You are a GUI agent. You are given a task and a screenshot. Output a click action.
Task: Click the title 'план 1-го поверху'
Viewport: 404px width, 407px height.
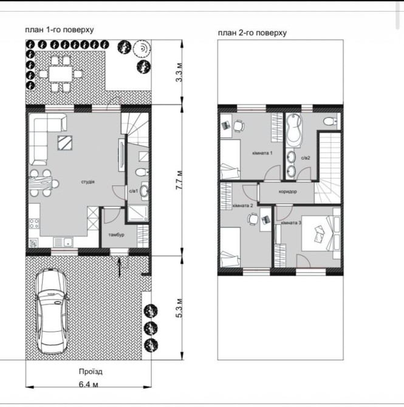click(60, 30)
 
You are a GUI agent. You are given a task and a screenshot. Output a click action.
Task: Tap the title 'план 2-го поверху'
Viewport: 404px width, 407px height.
click(252, 33)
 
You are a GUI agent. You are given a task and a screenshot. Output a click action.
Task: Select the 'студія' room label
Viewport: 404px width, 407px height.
click(87, 182)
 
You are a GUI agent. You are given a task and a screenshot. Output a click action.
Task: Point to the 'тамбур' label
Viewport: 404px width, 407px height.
click(116, 234)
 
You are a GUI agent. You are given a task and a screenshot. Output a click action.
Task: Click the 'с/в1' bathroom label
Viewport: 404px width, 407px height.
click(134, 191)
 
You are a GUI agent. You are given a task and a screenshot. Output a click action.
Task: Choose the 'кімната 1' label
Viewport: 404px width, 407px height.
click(262, 153)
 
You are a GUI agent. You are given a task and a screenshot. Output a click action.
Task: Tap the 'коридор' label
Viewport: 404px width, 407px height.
click(288, 191)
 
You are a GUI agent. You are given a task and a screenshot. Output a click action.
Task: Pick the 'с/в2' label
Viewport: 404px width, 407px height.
click(306, 158)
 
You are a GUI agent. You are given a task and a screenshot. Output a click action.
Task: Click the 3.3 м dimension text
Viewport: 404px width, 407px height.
click(179, 72)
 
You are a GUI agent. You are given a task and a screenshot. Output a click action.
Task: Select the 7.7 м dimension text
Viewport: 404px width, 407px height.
click(179, 180)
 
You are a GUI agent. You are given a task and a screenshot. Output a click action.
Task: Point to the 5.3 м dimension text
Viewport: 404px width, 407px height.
click(179, 308)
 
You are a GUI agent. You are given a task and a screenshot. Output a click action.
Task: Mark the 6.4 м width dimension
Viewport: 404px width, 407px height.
click(88, 384)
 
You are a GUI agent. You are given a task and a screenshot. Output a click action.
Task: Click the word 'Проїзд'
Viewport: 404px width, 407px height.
click(91, 372)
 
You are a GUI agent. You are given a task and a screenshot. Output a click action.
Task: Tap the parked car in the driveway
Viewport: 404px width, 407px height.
click(52, 311)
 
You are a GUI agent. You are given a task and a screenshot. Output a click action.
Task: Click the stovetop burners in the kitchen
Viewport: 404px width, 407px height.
click(34, 224)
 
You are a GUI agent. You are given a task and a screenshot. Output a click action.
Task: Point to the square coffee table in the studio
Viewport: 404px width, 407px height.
click(65, 143)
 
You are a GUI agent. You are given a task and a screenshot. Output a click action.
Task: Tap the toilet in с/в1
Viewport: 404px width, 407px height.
click(142, 172)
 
